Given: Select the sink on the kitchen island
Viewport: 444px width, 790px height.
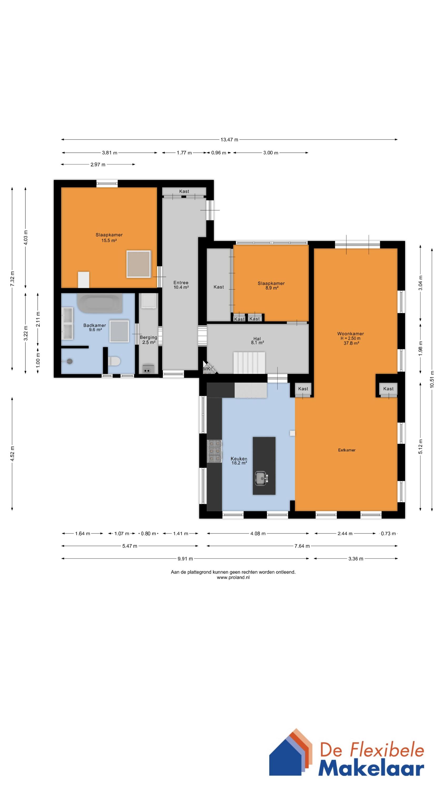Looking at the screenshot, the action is click(x=261, y=478).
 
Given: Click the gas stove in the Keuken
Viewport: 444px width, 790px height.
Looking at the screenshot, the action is click(x=214, y=451).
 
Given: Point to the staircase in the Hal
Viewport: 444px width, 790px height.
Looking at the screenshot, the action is click(x=249, y=363).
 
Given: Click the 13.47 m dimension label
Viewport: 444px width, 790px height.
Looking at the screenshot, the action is click(x=229, y=140).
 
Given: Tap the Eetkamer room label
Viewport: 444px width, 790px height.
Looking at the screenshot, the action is click(x=347, y=450).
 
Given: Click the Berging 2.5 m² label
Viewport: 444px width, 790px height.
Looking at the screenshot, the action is click(x=149, y=339).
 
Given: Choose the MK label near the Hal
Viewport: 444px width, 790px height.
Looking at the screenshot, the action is click(x=206, y=369).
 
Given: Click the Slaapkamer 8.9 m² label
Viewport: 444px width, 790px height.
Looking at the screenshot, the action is click(x=271, y=285).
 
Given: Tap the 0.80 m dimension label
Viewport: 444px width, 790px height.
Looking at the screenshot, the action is click(x=148, y=533).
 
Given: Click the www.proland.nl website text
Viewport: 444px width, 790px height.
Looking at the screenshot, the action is click(x=233, y=577).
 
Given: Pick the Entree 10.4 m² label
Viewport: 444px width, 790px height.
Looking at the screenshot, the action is click(x=181, y=285).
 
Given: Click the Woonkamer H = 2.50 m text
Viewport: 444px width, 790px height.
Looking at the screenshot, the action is click(x=351, y=336).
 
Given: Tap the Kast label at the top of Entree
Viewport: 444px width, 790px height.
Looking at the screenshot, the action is click(x=184, y=191).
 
